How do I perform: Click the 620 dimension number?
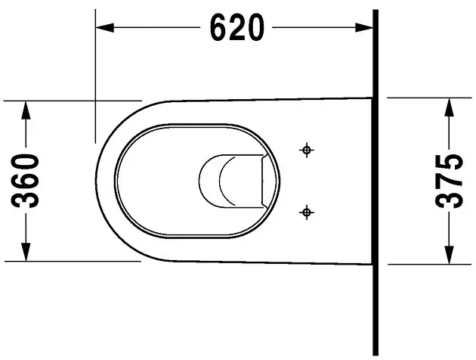point(237,29)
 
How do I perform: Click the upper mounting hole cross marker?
point(307,150)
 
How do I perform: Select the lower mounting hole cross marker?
point(307,213)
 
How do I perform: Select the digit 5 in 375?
point(451,163)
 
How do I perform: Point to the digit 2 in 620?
point(237,29)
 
